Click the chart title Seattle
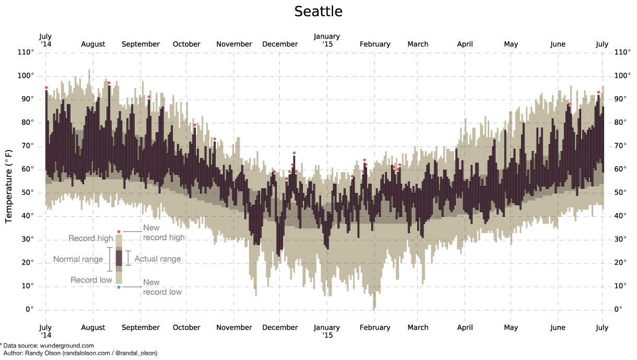click(318, 11)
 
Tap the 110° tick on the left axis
click(26, 52)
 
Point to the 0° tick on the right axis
click(618, 309)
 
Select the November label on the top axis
click(234, 44)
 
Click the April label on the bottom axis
click(465, 328)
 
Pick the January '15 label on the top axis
click(327, 40)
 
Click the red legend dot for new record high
click(119, 231)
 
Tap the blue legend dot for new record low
click(119, 287)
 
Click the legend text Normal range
click(78, 260)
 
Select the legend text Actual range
click(158, 259)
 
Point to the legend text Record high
click(90, 239)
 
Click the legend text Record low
click(91, 280)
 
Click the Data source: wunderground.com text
click(49, 345)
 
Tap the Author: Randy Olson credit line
click(80, 353)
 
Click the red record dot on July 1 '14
click(46, 88)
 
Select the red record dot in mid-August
click(109, 83)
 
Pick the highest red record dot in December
click(294, 153)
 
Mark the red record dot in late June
click(598, 92)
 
